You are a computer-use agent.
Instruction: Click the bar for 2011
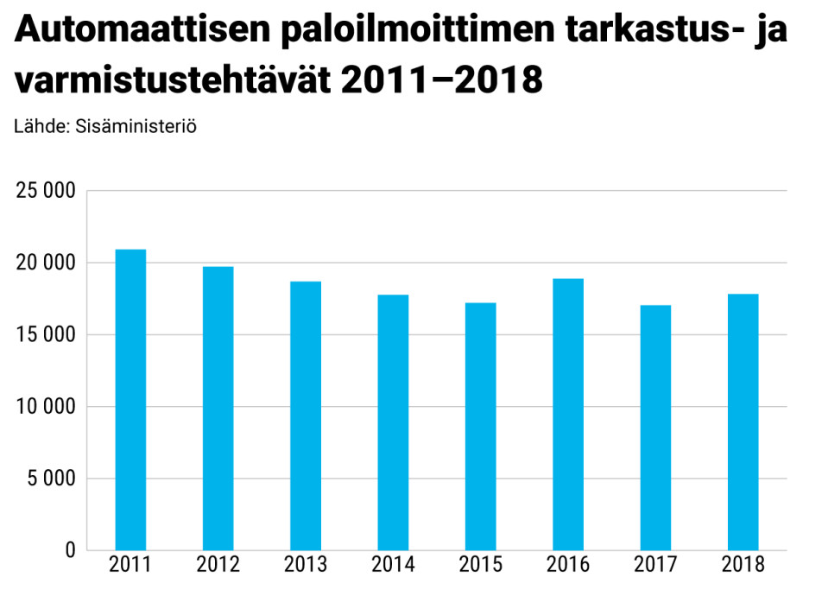point(130,399)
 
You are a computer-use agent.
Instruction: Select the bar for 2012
point(218,408)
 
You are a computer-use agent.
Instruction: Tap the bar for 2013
point(306,416)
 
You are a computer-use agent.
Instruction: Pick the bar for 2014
point(393,422)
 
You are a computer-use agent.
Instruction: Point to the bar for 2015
point(480,426)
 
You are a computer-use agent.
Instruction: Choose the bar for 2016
point(568,414)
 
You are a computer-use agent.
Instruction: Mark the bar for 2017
point(655,427)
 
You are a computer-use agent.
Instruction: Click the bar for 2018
point(743,422)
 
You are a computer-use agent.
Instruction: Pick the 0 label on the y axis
point(70,550)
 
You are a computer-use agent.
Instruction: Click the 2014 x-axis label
point(393,566)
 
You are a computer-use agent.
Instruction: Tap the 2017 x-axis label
point(655,566)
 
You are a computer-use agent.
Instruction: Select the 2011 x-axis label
point(130,566)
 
